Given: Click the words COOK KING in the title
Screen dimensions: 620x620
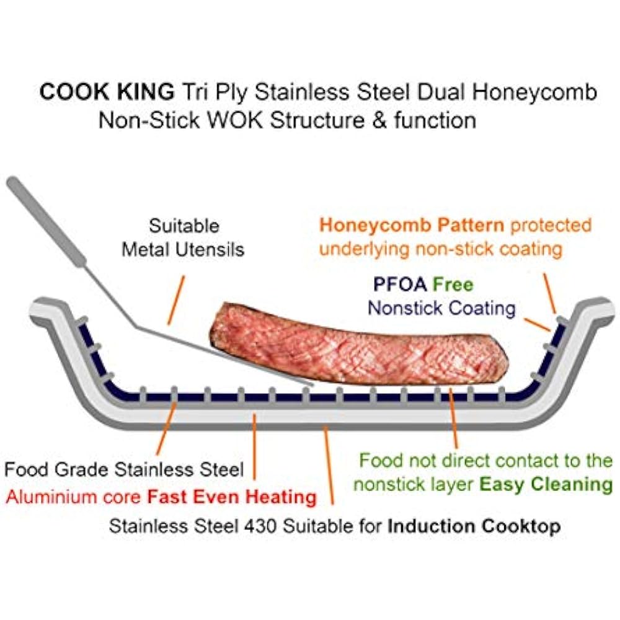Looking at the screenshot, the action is tap(107, 92).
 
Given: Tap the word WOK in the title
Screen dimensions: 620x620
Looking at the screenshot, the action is tap(236, 120).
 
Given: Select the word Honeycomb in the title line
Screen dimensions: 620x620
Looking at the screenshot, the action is tap(534, 92).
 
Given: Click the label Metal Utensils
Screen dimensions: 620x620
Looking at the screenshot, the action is tap(183, 250).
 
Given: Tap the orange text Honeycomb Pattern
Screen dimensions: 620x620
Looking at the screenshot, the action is tap(412, 226).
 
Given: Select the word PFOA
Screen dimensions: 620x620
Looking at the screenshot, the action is tap(400, 285).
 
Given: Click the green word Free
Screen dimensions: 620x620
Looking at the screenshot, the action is tap(453, 285).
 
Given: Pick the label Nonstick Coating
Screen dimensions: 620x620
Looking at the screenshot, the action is tap(441, 308).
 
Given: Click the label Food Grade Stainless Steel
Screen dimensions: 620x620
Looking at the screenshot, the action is tap(124, 470).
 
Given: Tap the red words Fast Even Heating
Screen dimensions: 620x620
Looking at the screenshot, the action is tap(232, 497).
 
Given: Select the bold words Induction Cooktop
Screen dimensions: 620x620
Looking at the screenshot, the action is tap(474, 526).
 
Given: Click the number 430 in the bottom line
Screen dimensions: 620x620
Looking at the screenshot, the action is tap(260, 526).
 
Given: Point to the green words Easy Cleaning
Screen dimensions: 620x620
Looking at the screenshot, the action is tap(546, 484).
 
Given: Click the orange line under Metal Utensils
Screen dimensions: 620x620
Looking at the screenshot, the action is tap(176, 300).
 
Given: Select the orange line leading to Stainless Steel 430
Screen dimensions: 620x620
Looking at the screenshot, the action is tap(328, 466).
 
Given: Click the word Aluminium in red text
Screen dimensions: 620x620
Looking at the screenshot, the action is tap(51, 497).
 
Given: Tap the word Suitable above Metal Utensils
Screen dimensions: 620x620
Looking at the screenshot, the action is tap(184, 226).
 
